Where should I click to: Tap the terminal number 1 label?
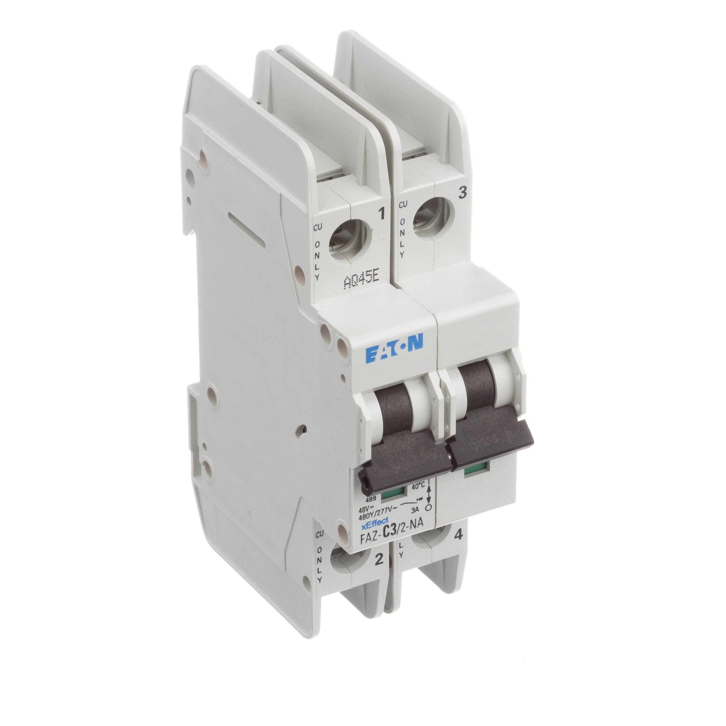[x=381, y=214]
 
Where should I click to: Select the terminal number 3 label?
[x=463, y=193]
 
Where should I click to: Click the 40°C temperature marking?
[x=418, y=486]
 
